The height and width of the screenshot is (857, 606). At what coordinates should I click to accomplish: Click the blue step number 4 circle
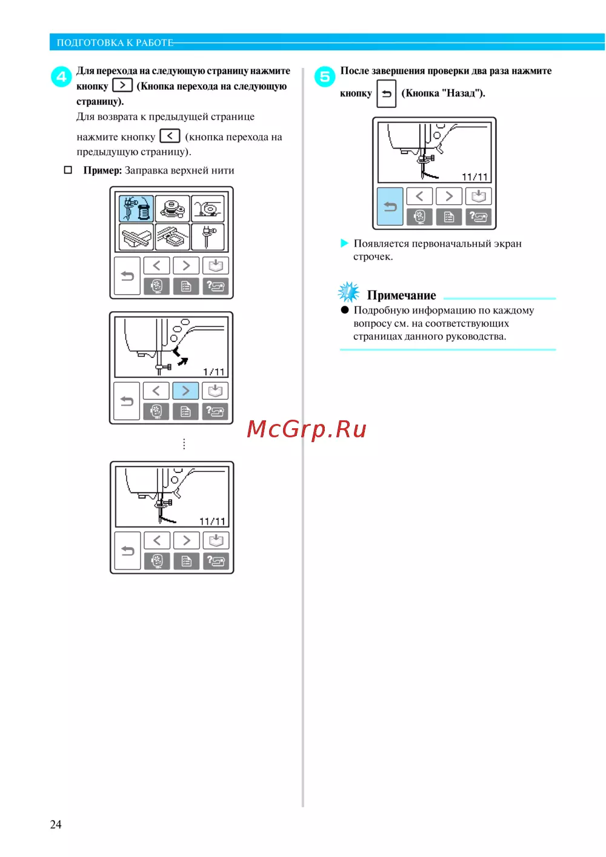tap(61, 77)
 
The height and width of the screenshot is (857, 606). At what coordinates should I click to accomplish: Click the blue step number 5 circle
tap(325, 77)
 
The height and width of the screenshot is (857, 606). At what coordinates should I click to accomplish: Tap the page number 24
tap(56, 824)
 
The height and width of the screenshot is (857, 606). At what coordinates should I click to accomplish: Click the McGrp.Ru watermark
tap(307, 429)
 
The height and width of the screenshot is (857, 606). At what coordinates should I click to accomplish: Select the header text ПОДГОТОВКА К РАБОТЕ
tap(115, 42)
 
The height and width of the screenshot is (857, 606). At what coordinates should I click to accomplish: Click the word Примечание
tap(401, 295)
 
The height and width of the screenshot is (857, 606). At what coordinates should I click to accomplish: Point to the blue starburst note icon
tap(348, 292)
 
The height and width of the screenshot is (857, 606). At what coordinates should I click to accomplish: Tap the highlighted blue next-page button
tap(185, 391)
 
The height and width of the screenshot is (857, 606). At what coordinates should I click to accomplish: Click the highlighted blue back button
tap(390, 206)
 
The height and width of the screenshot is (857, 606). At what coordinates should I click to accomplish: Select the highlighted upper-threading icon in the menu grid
tap(136, 209)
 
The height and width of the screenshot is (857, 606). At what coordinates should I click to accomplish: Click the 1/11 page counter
tap(213, 372)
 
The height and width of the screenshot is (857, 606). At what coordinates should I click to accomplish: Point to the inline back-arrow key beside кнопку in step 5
tap(387, 94)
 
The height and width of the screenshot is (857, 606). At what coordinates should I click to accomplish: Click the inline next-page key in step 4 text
tap(122, 86)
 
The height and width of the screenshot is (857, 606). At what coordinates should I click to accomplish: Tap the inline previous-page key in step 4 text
tap(170, 136)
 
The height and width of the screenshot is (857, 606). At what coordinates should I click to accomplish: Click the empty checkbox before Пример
tap(68, 170)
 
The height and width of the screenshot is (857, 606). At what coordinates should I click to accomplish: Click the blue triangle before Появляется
tap(344, 243)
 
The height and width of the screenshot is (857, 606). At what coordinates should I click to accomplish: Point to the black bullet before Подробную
tap(345, 310)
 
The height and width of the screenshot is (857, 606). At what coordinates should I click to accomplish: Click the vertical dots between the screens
tap(184, 444)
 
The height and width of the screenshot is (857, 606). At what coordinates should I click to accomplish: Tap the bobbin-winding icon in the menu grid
tap(172, 209)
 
